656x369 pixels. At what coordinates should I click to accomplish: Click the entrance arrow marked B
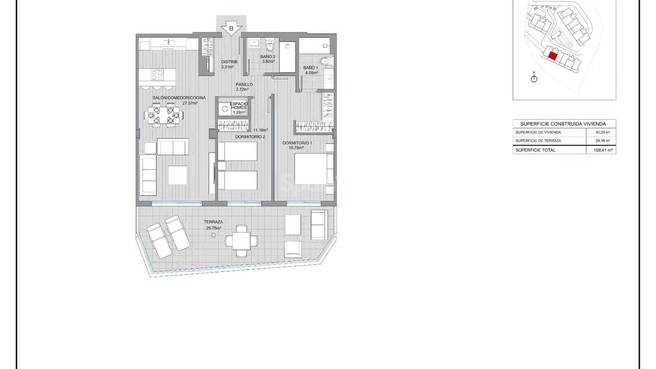coord(231,28)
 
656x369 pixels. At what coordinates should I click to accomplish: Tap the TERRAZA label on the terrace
coord(214,222)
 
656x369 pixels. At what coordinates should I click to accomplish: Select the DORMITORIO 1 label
coord(297,143)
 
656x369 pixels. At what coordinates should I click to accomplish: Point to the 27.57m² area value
coord(190,103)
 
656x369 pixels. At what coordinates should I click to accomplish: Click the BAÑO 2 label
coord(268,57)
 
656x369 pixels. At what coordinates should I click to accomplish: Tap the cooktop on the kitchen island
coord(157,74)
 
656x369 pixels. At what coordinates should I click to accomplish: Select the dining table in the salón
coord(163,115)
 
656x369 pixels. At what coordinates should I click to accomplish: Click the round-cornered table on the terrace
coord(242,241)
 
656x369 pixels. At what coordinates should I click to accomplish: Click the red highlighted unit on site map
coord(552,56)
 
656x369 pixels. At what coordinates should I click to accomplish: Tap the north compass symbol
coord(534,78)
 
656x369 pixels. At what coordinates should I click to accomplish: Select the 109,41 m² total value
coord(603,150)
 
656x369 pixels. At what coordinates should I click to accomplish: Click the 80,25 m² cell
coord(603,132)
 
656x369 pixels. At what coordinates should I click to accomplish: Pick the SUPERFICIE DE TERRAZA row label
coord(538,140)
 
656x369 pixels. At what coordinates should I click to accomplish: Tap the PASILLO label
coord(244,84)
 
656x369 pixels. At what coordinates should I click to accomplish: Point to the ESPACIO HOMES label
coord(239,106)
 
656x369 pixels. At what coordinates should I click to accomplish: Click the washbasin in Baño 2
coord(254,43)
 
